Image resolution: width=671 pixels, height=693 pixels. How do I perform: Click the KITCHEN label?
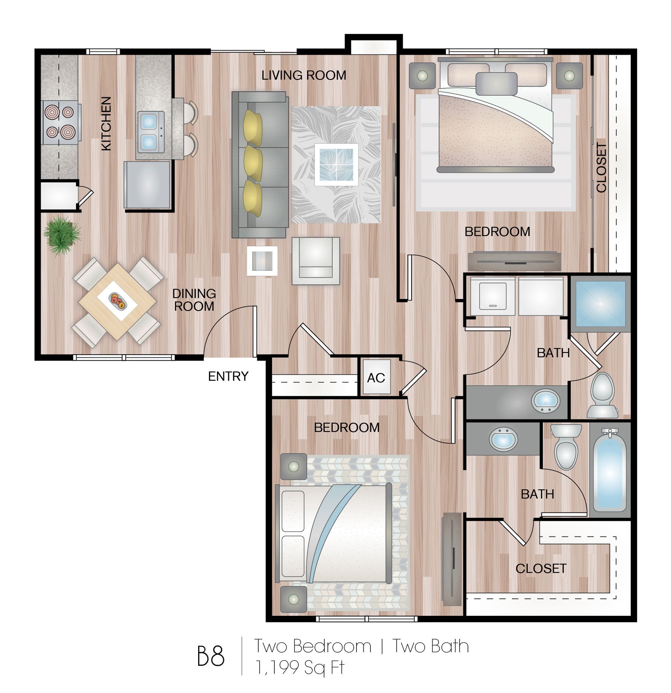point(106,123)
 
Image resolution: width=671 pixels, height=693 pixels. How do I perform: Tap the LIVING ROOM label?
point(303,75)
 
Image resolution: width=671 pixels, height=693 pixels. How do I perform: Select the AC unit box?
point(376,377)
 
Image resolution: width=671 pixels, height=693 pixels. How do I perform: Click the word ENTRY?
point(228,376)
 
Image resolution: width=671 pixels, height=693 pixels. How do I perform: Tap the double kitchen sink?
point(151,132)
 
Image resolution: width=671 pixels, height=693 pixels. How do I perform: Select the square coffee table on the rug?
point(336,164)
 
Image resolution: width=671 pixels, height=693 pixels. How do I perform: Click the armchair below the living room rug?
point(315,261)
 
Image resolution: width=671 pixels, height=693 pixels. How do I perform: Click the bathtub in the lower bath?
point(610,474)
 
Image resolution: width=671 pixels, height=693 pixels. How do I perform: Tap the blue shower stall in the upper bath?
point(600,304)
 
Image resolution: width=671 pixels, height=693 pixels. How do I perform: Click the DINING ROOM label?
point(194,300)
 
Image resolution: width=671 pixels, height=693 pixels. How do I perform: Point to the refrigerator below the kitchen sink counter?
point(147,184)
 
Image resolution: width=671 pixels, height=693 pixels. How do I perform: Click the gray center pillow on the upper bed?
point(496,84)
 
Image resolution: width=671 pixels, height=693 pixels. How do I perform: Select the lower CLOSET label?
point(541,569)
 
